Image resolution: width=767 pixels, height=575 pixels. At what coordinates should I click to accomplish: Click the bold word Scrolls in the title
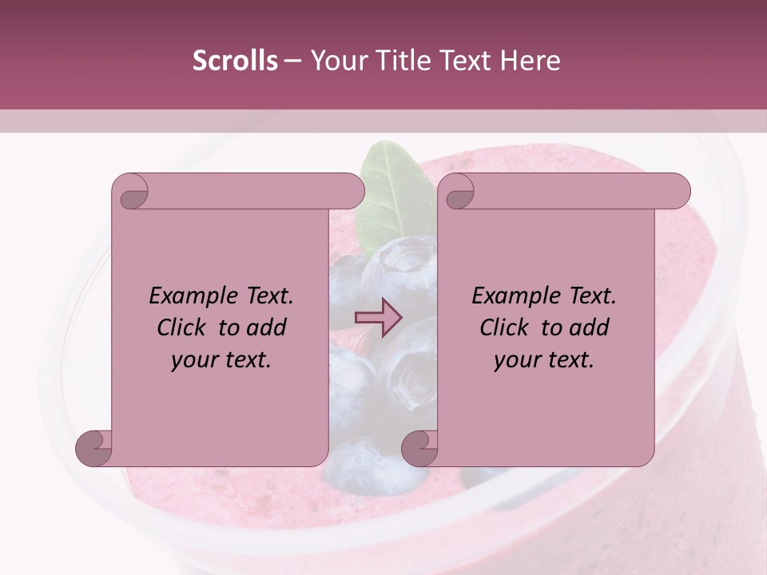[235, 61]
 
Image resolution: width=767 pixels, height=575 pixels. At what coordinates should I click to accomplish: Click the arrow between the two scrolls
[379, 318]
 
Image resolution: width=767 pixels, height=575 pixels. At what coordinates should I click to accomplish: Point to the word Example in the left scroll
[189, 295]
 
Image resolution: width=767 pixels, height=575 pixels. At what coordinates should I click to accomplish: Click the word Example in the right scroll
[511, 295]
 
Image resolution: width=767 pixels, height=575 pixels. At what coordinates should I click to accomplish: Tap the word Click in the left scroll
[184, 327]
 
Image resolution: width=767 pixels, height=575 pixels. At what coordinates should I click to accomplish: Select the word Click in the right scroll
[507, 327]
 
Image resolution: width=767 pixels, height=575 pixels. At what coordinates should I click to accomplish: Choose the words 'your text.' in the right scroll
[544, 359]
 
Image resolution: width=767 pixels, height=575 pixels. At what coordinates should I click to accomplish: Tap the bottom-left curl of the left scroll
[94, 447]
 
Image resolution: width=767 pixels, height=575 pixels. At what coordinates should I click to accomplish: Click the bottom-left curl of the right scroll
[420, 447]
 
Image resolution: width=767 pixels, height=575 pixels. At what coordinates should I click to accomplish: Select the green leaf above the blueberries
[391, 184]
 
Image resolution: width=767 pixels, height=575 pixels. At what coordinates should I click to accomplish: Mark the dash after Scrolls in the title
[292, 61]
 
